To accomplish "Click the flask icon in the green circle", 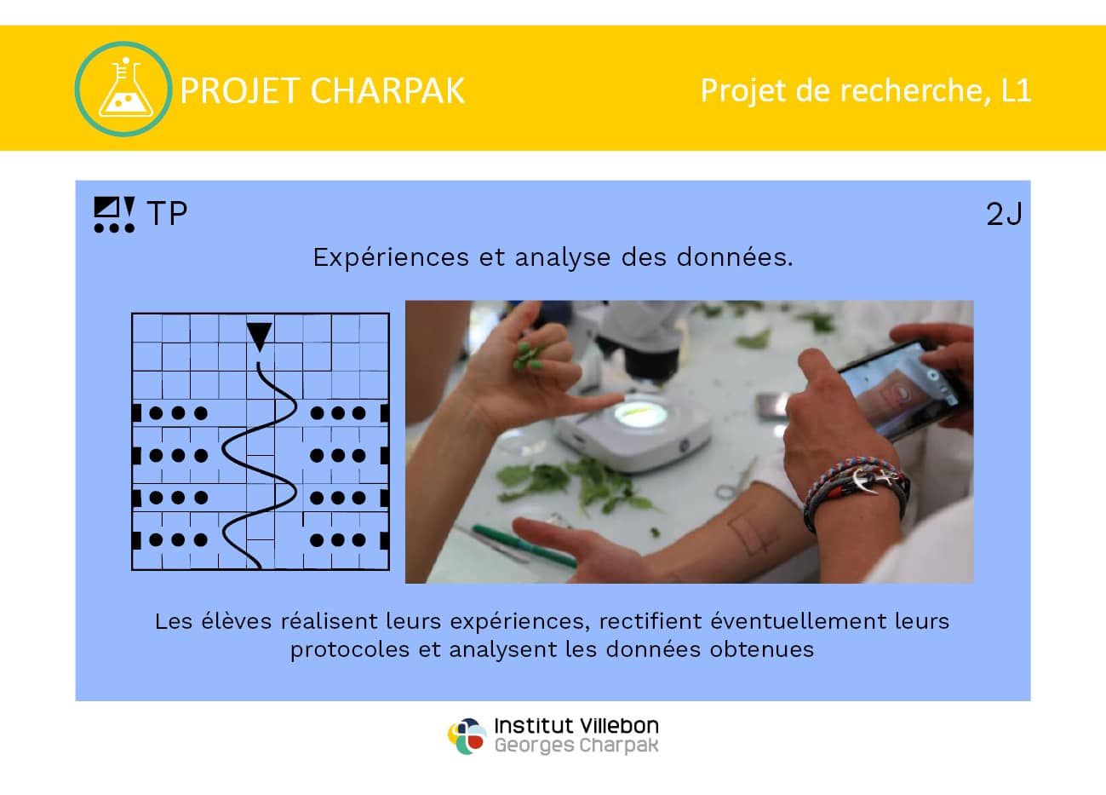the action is click(125, 89).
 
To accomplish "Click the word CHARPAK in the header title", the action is click(387, 91).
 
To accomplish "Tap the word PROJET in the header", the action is click(240, 91).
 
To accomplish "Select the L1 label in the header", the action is click(1016, 90).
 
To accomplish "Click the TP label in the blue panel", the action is click(168, 214).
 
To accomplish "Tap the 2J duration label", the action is click(1004, 215).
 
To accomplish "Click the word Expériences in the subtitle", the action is click(391, 258).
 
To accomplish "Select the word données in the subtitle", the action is click(734, 257).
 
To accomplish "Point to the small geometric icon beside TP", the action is click(115, 215).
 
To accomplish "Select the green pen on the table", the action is click(524, 546).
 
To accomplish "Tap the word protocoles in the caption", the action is click(350, 651).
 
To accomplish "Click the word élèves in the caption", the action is click(236, 621).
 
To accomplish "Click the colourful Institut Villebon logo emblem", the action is click(467, 736).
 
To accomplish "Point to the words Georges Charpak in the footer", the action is click(576, 746).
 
